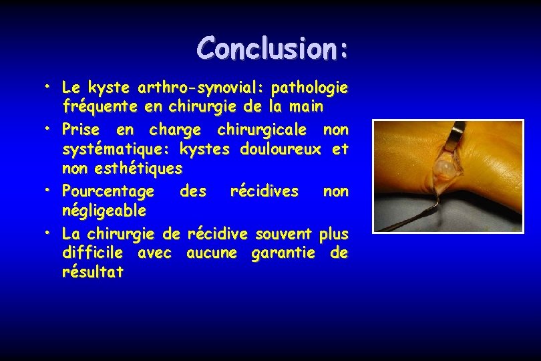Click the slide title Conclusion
[273, 47]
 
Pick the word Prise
[80, 128]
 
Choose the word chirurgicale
[262, 128]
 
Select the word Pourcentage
[108, 191]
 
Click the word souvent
[281, 233]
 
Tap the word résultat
[92, 273]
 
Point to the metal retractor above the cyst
[457, 137]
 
